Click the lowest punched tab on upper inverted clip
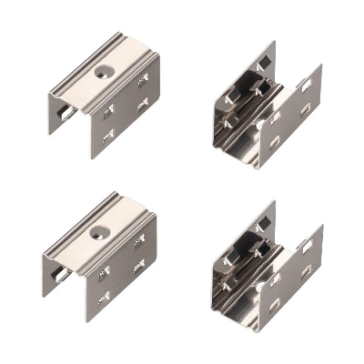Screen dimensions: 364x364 (108, 138)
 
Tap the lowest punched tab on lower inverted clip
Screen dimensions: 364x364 (106, 298)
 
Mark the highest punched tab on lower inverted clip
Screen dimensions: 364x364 (138, 240)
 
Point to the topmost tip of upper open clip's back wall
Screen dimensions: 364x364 (273, 41)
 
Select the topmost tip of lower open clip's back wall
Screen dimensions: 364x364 (273, 202)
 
